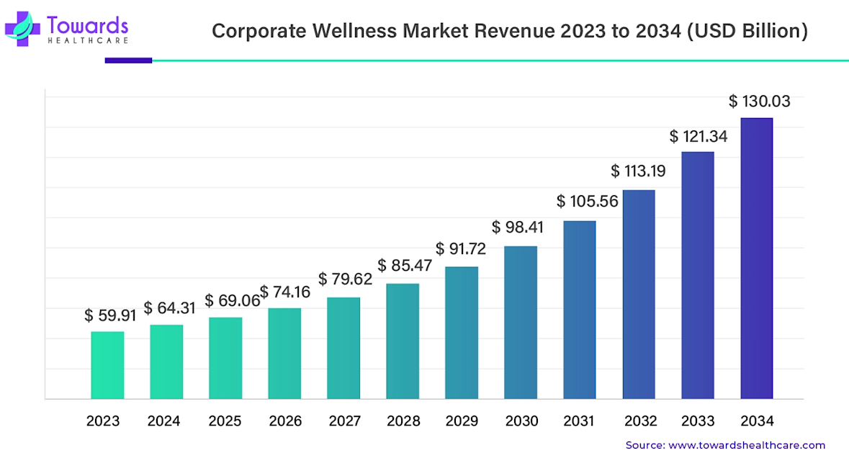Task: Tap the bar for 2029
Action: click(x=462, y=332)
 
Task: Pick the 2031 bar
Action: click(x=580, y=309)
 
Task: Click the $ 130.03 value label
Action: click(x=759, y=102)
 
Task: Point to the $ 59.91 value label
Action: click(x=110, y=315)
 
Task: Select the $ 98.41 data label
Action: click(x=518, y=228)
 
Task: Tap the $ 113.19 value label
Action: click(x=638, y=171)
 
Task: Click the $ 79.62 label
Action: click(x=345, y=279)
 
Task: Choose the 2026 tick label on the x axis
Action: click(x=284, y=421)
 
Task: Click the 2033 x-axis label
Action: click(x=698, y=421)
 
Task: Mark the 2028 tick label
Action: click(x=403, y=421)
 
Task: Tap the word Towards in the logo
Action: click(x=87, y=24)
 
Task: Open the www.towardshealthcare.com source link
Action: click(x=747, y=445)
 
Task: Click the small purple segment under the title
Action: click(x=128, y=60)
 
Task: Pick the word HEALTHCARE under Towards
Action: click(x=87, y=40)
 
